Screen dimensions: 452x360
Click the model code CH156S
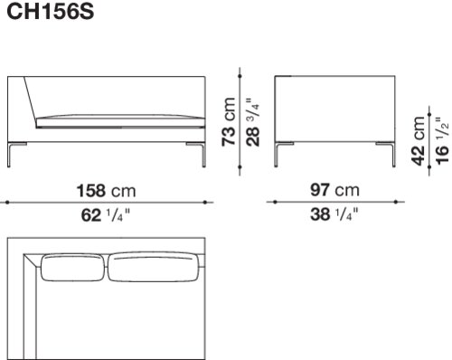tap(51, 12)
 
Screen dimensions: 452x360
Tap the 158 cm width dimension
tap(107, 191)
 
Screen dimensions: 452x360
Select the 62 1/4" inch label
tap(106, 215)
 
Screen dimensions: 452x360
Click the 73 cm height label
tap(229, 122)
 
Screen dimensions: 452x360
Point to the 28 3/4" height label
tap(253, 122)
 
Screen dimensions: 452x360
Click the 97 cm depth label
tap(334, 190)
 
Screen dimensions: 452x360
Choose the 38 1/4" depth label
tap(334, 214)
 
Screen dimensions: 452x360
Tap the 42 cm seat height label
tap(419, 141)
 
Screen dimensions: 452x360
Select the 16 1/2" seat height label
tap(442, 141)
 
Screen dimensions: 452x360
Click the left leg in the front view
tap(9, 155)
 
